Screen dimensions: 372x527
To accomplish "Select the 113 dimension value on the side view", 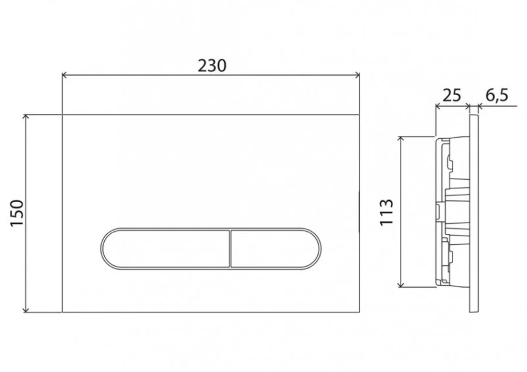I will tap(386, 212).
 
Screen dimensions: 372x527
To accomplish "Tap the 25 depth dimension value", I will tap(453, 95).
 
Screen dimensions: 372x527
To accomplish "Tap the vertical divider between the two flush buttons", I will tap(230, 248).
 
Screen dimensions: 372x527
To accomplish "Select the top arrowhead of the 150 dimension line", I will tap(26, 117).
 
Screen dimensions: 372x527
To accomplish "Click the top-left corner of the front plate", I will tap(63, 114).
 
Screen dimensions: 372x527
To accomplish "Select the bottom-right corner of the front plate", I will tap(361, 312).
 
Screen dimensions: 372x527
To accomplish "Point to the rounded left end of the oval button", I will tap(103, 248).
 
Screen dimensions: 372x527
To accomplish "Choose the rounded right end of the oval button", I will tap(320, 248).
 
